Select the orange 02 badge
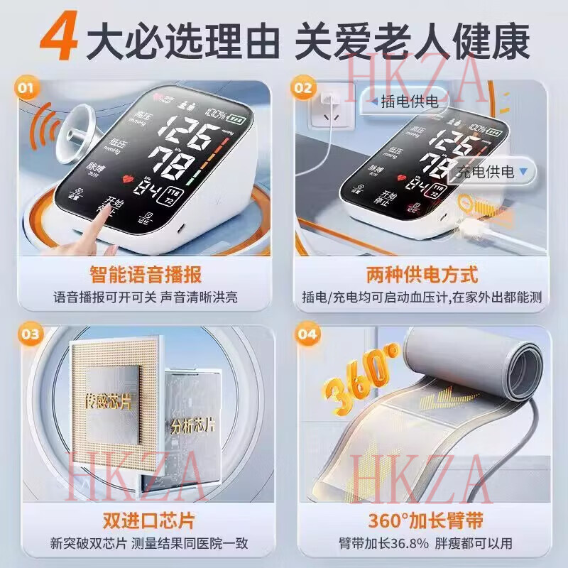click(304, 88)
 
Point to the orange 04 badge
click(304, 334)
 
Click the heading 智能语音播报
click(145, 274)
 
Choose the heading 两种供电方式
click(422, 274)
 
